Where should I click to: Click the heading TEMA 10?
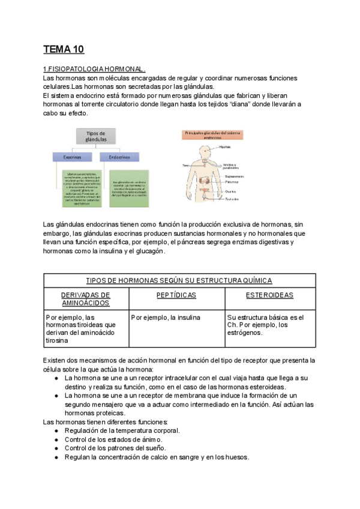[x=64, y=49]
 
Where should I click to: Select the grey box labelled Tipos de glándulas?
[x=96, y=136]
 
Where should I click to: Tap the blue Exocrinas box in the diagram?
[x=76, y=157]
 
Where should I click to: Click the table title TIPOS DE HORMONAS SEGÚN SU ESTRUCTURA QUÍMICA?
[x=179, y=280]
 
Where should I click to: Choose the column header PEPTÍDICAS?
[x=176, y=295]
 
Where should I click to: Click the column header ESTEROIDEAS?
[x=269, y=295]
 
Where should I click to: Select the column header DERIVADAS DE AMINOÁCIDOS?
[x=86, y=300]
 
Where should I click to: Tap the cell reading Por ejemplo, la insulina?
[x=166, y=317]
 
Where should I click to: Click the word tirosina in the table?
[x=57, y=340]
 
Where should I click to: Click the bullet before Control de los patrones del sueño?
[x=56, y=448]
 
